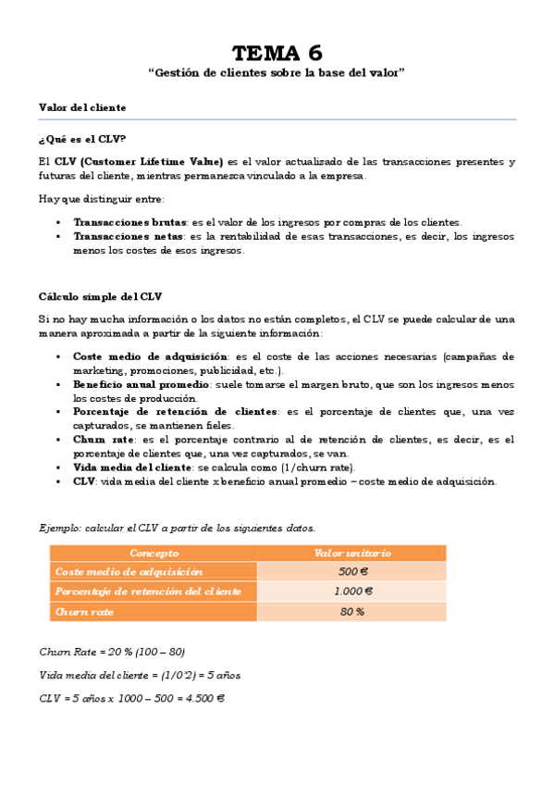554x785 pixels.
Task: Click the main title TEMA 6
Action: pyautogui.click(x=277, y=52)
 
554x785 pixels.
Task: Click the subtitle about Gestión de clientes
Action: pyautogui.click(x=277, y=72)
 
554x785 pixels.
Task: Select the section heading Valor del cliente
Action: pyautogui.click(x=82, y=107)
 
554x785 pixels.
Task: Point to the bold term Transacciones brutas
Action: pyautogui.click(x=130, y=222)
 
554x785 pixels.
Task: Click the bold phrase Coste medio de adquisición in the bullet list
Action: pyautogui.click(x=150, y=356)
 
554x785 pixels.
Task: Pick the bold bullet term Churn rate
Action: pyautogui.click(x=104, y=440)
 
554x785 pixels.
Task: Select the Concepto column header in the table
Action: pyautogui.click(x=154, y=553)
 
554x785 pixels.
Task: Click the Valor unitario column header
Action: pyautogui.click(x=352, y=553)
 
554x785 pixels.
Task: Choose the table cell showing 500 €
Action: pyautogui.click(x=352, y=572)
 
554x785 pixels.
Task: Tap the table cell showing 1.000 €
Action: pyautogui.click(x=352, y=592)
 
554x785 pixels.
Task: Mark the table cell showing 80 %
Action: pyautogui.click(x=352, y=612)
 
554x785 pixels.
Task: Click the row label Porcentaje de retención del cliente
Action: pyautogui.click(x=148, y=592)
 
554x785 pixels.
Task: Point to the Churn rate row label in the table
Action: pyautogui.click(x=84, y=612)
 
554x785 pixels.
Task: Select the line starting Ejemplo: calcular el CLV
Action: pyautogui.click(x=177, y=528)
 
